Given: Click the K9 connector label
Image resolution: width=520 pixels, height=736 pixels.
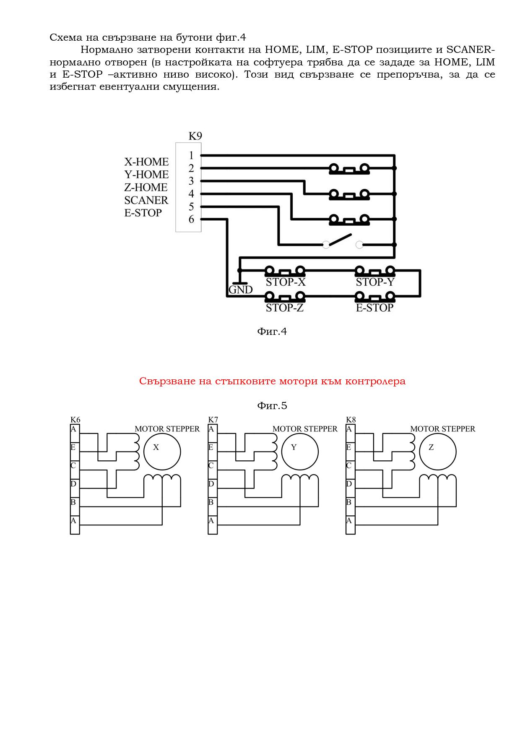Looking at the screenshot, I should click(195, 136).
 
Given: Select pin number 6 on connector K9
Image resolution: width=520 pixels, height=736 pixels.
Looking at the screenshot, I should click(191, 219).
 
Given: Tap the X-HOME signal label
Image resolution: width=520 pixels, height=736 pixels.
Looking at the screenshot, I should click(146, 162).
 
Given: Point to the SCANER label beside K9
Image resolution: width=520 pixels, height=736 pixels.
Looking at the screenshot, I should click(146, 200).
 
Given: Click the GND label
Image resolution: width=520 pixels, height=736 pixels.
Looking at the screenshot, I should click(241, 290).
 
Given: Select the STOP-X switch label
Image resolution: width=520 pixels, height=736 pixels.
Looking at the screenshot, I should click(286, 282).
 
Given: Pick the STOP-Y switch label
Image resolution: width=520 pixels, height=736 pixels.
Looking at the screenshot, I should click(375, 282).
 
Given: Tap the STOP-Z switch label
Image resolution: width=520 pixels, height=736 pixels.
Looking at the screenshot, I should click(285, 308).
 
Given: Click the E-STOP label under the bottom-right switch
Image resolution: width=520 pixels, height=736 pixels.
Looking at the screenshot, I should click(374, 308).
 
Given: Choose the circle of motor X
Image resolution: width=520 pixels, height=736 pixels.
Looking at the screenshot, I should click(162, 452).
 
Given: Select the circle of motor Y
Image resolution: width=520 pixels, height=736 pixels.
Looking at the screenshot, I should click(299, 452).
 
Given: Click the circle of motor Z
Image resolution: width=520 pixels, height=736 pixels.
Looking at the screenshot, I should click(437, 452).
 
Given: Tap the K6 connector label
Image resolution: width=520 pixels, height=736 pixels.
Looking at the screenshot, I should click(75, 420).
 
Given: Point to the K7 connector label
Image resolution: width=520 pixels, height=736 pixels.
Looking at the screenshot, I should click(213, 420).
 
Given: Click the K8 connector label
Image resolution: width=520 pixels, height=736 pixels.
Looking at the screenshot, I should click(351, 420).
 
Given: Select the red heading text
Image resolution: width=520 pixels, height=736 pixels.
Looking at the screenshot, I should click(272, 381).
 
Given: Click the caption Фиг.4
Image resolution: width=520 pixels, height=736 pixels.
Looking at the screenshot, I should click(272, 331).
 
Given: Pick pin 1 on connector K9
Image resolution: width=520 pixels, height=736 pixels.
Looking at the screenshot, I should click(191, 156).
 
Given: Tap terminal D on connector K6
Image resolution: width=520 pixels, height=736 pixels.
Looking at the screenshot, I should click(74, 484).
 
